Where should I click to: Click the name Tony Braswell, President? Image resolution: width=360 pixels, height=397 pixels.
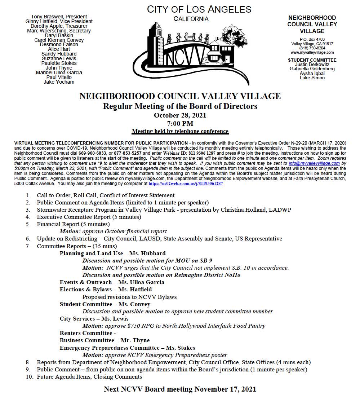click(x=59, y=17)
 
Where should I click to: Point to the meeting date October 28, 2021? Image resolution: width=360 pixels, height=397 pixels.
click(x=180, y=115)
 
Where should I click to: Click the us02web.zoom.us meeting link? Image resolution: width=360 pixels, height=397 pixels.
click(x=186, y=183)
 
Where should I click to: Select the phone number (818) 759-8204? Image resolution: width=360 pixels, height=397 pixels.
click(x=312, y=48)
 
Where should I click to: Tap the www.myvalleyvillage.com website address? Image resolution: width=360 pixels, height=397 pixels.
click(x=312, y=52)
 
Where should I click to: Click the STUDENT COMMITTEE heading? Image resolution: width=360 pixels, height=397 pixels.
click(x=312, y=60)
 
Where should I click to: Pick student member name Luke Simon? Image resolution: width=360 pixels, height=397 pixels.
click(x=312, y=78)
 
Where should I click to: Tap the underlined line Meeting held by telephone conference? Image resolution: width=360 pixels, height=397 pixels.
click(x=180, y=131)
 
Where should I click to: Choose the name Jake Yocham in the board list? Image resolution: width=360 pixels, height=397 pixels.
click(x=59, y=82)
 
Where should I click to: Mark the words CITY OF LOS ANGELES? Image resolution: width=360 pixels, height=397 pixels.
click(x=199, y=9)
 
